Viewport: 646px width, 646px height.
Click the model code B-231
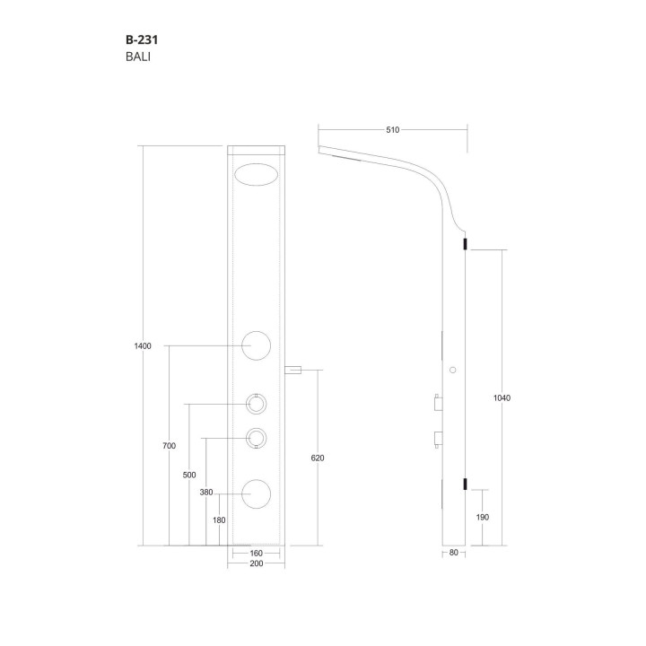pos(142,40)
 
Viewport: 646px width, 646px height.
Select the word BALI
pos(138,57)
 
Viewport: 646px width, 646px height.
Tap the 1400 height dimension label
pos(143,346)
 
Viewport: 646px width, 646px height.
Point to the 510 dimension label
pos(393,130)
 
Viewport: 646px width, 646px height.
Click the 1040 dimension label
pos(502,398)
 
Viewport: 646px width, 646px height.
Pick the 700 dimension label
pos(170,446)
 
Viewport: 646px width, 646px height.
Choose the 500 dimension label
pos(189,475)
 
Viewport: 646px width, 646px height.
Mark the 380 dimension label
pos(206,493)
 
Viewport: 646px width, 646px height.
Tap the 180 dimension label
pos(219,520)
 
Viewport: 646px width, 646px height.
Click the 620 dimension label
pos(318,458)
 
